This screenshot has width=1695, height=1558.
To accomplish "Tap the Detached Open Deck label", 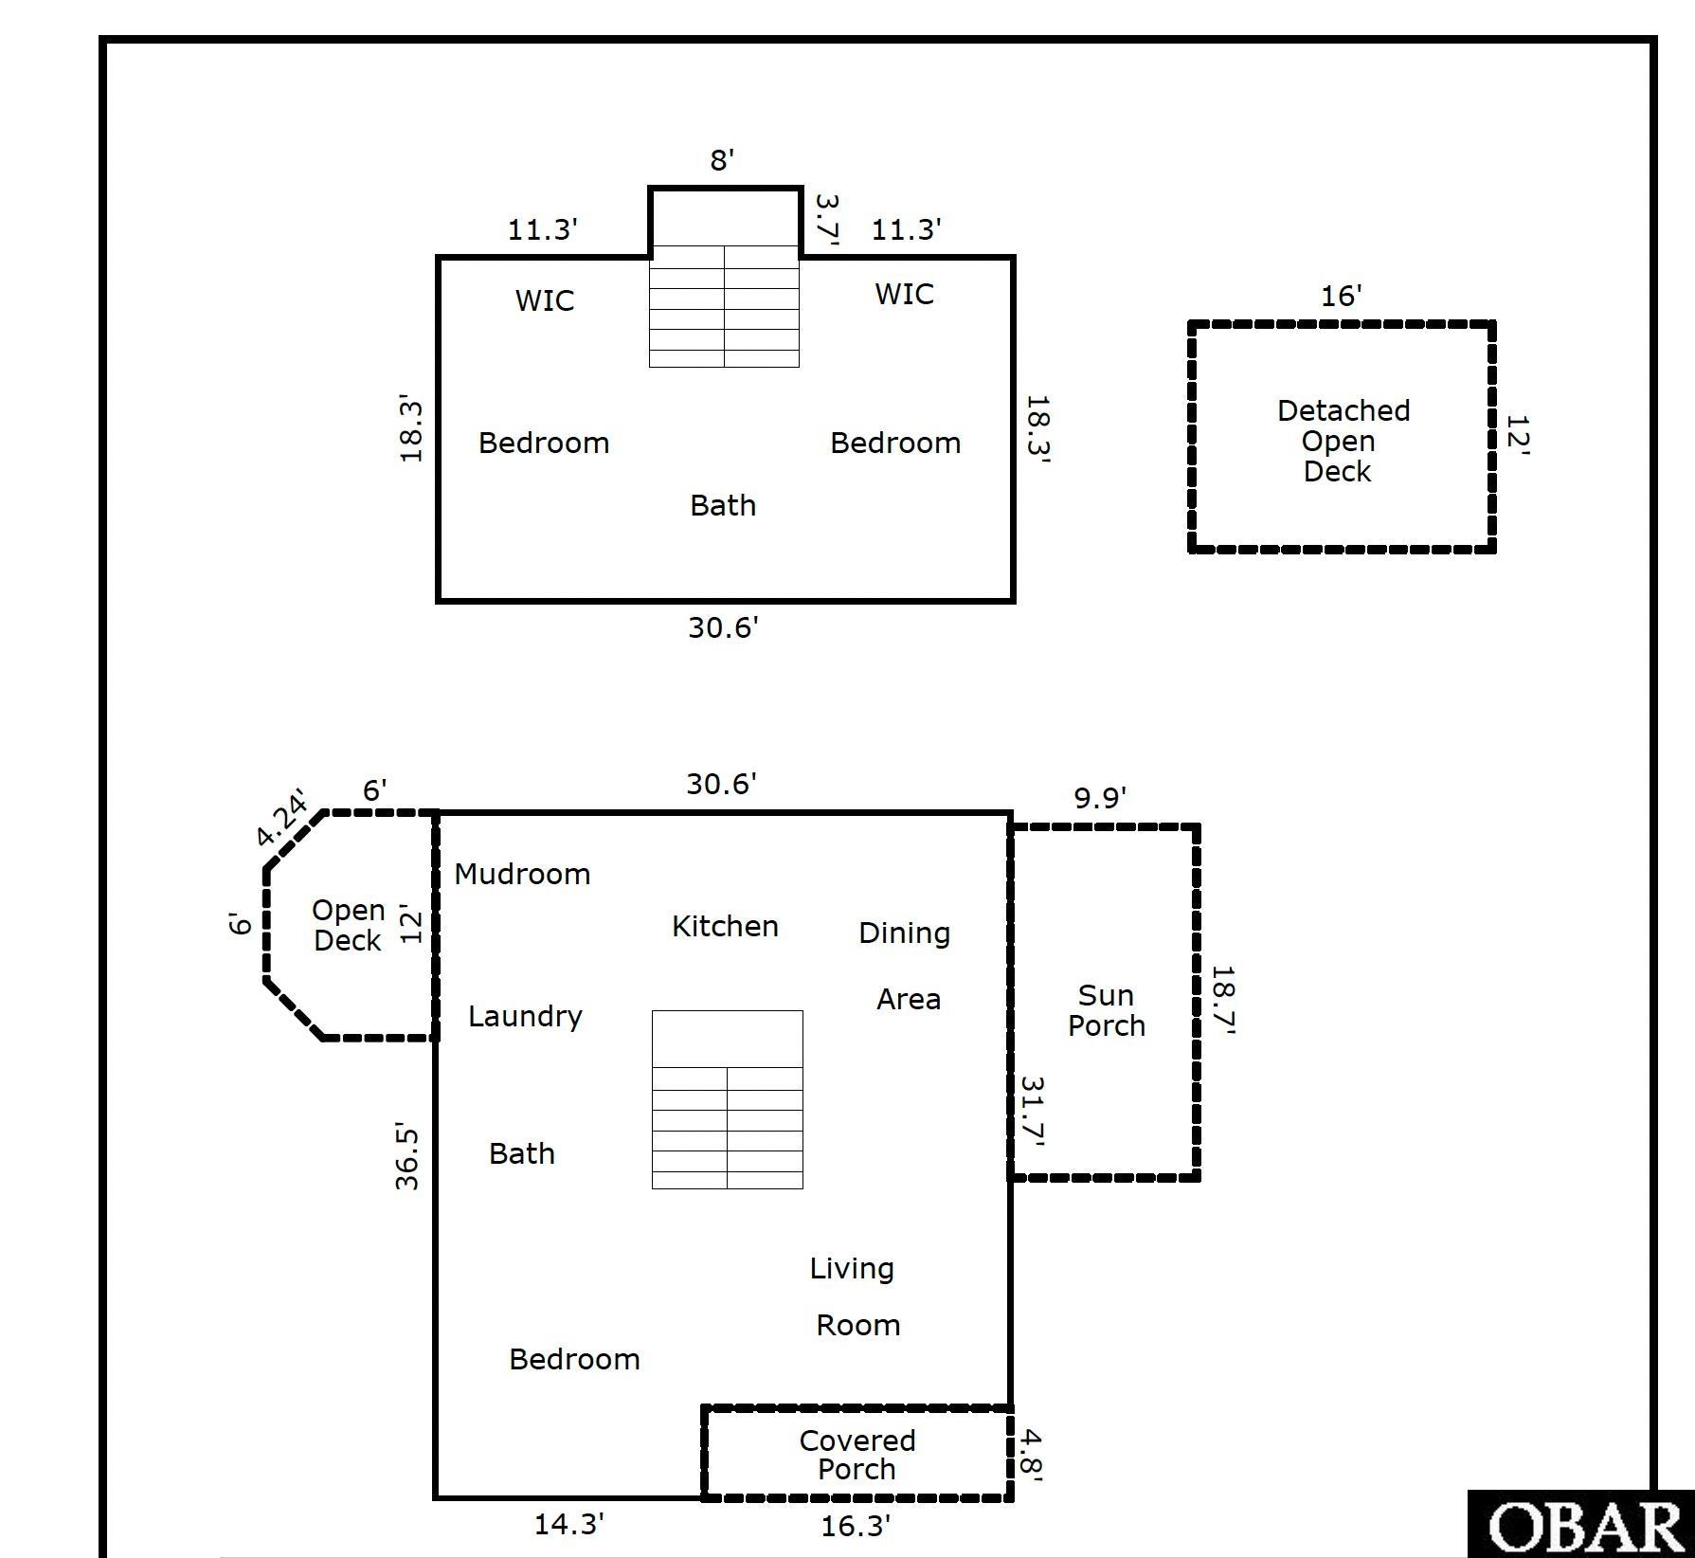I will pyautogui.click(x=1341, y=441).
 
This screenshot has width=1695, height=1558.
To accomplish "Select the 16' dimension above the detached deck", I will pyautogui.click(x=1341, y=297).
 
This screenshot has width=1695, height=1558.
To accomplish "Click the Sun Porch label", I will pyautogui.click(x=1106, y=1010).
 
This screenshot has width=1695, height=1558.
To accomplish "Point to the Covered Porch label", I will pyautogui.click(x=857, y=1455).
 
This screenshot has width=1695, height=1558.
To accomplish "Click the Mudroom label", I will pyautogui.click(x=522, y=874).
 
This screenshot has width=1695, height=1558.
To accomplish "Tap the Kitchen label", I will pyautogui.click(x=725, y=926).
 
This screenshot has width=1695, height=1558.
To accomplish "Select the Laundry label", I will pyautogui.click(x=525, y=1016).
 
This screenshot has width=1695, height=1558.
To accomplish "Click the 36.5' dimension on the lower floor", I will pyautogui.click(x=407, y=1156).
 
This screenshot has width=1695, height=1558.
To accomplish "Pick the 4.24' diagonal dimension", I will pyautogui.click(x=282, y=817).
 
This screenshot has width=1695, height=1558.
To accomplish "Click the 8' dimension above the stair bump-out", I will pyautogui.click(x=722, y=160).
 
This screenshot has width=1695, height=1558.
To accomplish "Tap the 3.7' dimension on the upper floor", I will pyautogui.click(x=827, y=219).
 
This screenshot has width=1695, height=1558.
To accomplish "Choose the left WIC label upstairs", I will pyautogui.click(x=545, y=300).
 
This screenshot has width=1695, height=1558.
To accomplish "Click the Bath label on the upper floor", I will pyautogui.click(x=723, y=505).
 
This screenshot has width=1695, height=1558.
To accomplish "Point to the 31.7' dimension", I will pyautogui.click(x=1032, y=1112).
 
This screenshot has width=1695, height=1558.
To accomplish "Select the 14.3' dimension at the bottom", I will pyautogui.click(x=568, y=1525).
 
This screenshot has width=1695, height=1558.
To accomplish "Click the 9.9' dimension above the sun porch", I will pyautogui.click(x=1099, y=798).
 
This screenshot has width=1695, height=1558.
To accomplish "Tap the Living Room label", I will pyautogui.click(x=855, y=1296).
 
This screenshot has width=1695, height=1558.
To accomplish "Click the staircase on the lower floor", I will pyautogui.click(x=727, y=1099).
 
